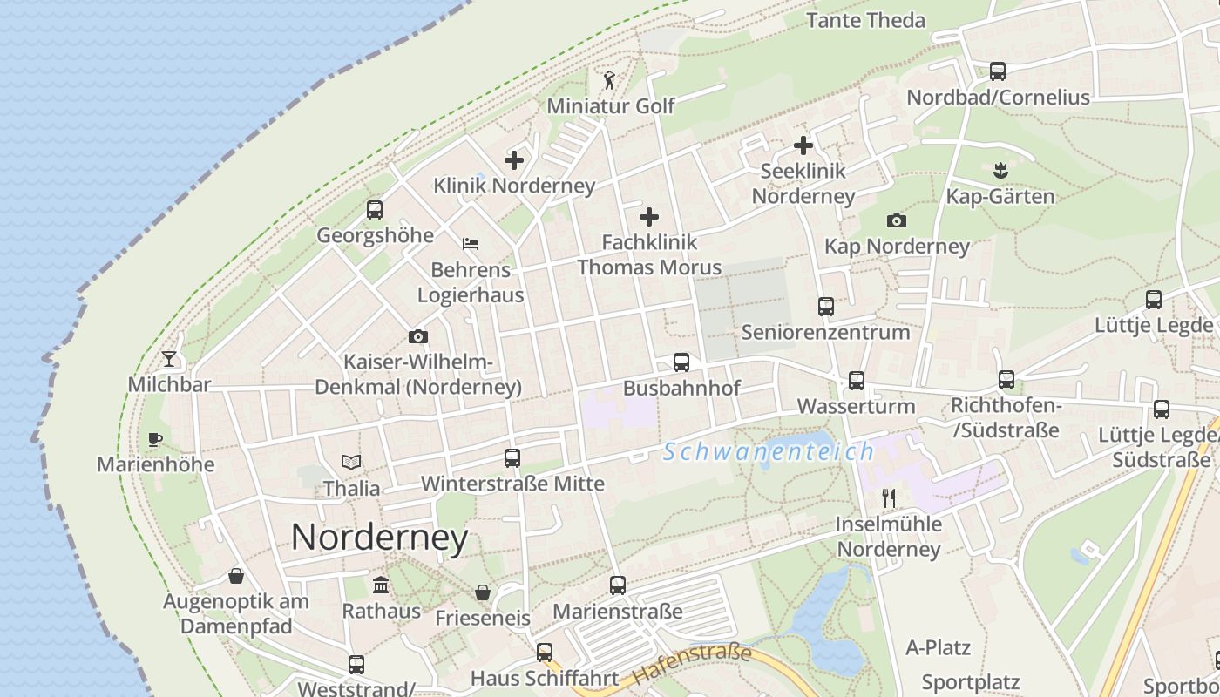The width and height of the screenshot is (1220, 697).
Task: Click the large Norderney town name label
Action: click(x=379, y=537)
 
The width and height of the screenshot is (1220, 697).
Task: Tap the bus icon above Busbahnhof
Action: click(x=681, y=362)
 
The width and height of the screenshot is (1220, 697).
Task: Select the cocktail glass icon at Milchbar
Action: click(x=169, y=358)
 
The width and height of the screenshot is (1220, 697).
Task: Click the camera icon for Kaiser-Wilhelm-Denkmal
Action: click(x=418, y=336)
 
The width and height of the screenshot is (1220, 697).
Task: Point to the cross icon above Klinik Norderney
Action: click(x=514, y=159)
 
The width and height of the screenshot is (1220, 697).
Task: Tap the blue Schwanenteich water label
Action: click(x=769, y=451)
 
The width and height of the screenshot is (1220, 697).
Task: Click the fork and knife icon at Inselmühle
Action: click(x=889, y=497)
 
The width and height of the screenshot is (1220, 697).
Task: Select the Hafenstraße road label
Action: click(x=693, y=664)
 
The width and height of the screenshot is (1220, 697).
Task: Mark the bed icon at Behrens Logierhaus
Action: click(x=471, y=243)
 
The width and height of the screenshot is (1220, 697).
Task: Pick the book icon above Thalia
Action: click(x=351, y=462)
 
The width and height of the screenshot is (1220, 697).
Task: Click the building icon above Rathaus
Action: click(x=381, y=584)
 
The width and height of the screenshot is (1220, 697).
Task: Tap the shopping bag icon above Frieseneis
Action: click(x=483, y=592)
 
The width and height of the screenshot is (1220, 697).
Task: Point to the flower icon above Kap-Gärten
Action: click(x=1000, y=168)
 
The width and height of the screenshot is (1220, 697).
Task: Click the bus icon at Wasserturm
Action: click(x=857, y=380)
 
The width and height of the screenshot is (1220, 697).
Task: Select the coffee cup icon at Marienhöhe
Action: click(x=155, y=438)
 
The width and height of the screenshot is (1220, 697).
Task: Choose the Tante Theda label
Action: click(x=865, y=20)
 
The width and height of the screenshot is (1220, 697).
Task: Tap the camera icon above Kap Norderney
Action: click(x=897, y=220)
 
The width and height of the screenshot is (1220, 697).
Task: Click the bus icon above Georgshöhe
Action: click(x=375, y=209)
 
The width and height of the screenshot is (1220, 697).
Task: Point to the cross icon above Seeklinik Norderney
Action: click(x=803, y=145)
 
